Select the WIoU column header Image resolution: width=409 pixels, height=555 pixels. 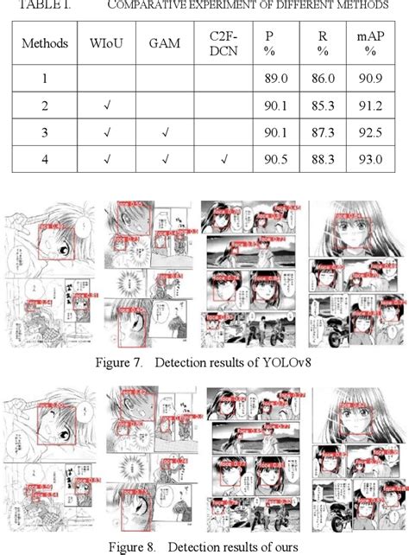click(x=104, y=41)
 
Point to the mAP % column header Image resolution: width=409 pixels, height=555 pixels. click(x=374, y=41)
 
